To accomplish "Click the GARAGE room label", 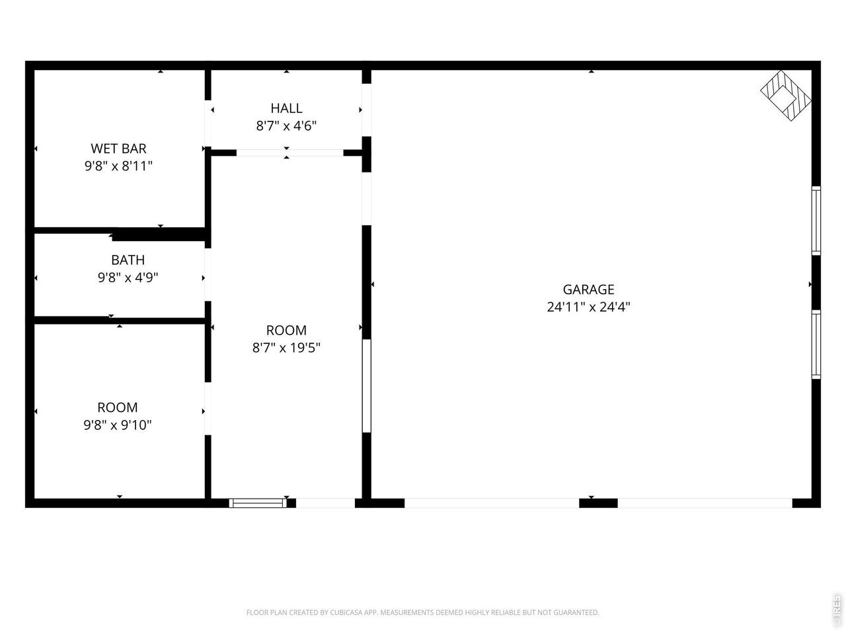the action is (x=588, y=289).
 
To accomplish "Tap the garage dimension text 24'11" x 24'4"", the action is (x=588, y=307).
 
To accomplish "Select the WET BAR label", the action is (x=118, y=148).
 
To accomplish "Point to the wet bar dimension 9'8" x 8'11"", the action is (x=118, y=166).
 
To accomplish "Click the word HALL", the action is (x=286, y=108).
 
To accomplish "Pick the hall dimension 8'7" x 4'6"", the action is (x=286, y=126).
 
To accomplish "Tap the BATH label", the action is (x=128, y=260).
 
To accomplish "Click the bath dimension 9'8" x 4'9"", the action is (x=128, y=277).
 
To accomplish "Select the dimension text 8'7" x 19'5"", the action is (x=286, y=348).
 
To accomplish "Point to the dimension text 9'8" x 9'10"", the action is (x=118, y=425).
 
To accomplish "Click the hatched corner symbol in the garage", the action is (x=785, y=95).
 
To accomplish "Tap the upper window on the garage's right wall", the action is (x=816, y=221).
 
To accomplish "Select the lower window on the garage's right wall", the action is (x=816, y=344).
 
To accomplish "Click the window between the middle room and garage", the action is (x=367, y=386).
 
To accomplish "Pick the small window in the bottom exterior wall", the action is (x=258, y=503).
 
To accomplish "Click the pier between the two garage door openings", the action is (x=598, y=503).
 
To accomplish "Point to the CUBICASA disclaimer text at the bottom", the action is (x=423, y=612).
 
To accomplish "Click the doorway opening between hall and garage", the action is (x=367, y=110).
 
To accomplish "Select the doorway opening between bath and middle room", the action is (x=208, y=275).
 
